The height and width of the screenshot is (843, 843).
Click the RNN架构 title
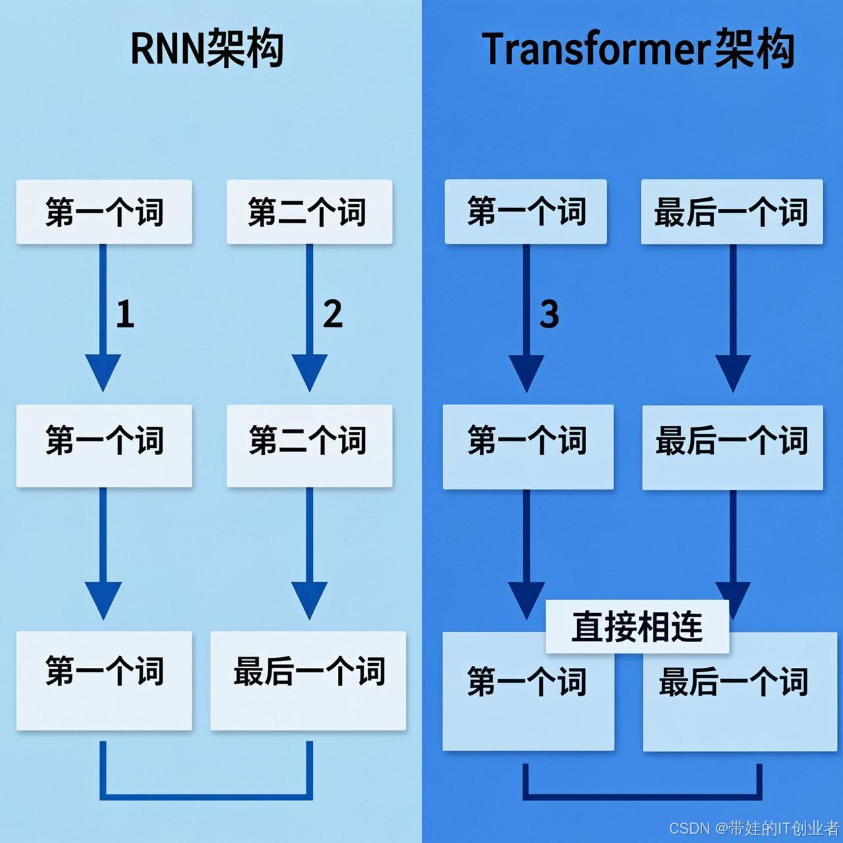point(207,49)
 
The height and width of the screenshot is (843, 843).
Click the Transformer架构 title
point(638,49)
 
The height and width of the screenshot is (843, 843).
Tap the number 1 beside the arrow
point(125,313)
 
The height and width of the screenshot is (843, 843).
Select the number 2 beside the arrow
point(333,313)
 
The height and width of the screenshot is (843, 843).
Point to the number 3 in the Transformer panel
point(549,314)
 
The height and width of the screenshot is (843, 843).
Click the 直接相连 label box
point(637,626)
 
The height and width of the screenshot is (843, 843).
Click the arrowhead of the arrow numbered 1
point(103,372)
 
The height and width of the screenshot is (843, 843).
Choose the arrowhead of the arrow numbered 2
point(310,372)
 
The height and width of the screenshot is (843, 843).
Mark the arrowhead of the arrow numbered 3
point(526,373)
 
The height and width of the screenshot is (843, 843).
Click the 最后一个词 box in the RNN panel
point(308,680)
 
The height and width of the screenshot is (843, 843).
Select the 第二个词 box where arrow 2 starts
point(310,212)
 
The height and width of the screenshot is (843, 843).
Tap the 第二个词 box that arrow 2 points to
point(310,446)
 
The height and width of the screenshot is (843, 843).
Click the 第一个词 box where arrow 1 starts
point(104,212)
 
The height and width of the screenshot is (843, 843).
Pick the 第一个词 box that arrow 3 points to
point(528,447)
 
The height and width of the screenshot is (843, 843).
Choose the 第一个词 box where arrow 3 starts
point(526,211)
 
